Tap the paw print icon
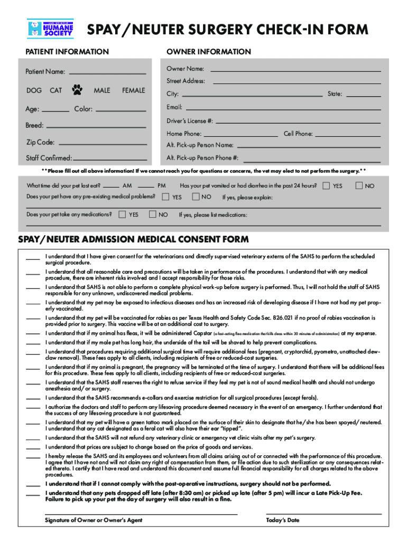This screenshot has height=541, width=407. tap(78, 90)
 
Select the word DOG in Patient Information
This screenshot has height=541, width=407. tap(34, 90)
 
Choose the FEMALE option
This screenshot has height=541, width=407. tap(133, 90)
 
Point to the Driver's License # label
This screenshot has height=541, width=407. tap(190, 121)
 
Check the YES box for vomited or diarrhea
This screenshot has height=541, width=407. tap(326, 186)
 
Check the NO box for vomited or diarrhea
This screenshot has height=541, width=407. tap(359, 186)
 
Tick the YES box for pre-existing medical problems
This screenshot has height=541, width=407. tap(166, 197)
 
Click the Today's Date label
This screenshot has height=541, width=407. tap(283, 520)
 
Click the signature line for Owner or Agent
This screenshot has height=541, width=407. tap(141, 514)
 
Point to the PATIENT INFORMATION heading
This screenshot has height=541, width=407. tap(68, 52)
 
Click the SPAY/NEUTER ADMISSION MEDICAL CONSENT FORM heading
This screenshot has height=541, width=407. tap(133, 239)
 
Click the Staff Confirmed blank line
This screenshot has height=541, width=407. tap(109, 159)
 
